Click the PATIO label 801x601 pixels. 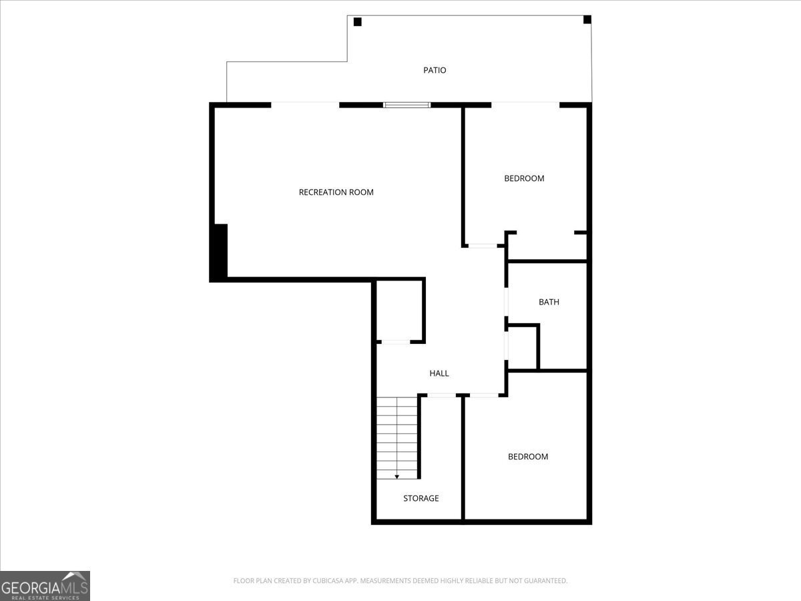point(435,70)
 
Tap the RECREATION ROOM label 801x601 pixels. point(336,192)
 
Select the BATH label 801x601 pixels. point(549,302)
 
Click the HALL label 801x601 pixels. point(439,373)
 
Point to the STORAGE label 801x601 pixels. point(421,498)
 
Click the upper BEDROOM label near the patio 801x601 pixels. point(524,178)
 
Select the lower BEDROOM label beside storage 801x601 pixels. point(528,457)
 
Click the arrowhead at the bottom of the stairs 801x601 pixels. point(397,476)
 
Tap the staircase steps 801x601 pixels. point(397,434)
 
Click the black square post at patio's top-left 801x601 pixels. point(357,22)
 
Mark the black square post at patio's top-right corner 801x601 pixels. point(587,19)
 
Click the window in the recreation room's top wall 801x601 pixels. point(407,105)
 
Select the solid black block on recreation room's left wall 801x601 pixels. point(219,252)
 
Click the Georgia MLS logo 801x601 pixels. point(45,586)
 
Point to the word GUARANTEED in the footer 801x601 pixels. point(543,581)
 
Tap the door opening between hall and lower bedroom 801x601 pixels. point(483,395)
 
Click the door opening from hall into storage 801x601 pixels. point(441,395)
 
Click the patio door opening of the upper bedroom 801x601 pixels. point(525,104)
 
